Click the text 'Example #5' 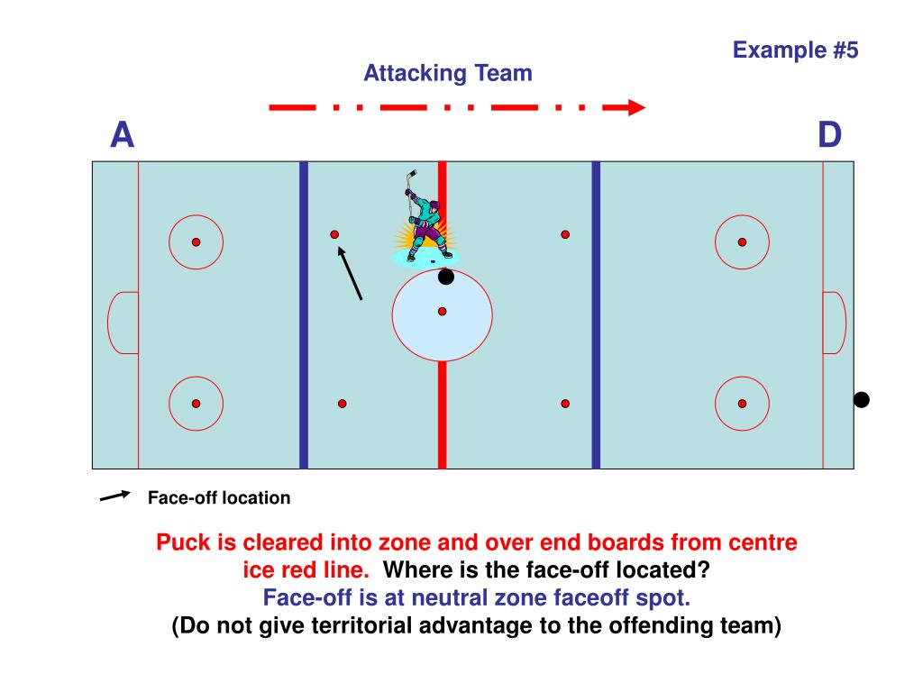(795, 50)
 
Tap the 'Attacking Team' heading (448, 73)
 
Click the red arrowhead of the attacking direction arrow (636, 108)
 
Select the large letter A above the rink (122, 135)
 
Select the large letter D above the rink (829, 135)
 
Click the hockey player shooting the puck (423, 221)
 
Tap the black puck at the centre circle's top (446, 277)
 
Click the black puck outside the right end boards (862, 400)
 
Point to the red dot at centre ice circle (443, 312)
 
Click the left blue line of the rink (304, 360)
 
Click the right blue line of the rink (596, 360)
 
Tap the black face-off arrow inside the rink (351, 274)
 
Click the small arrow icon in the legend (115, 496)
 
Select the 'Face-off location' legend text (219, 497)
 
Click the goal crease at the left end (123, 323)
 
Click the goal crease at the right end (834, 323)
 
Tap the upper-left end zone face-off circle (196, 242)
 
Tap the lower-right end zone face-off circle (742, 404)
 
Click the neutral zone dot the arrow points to (334, 234)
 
